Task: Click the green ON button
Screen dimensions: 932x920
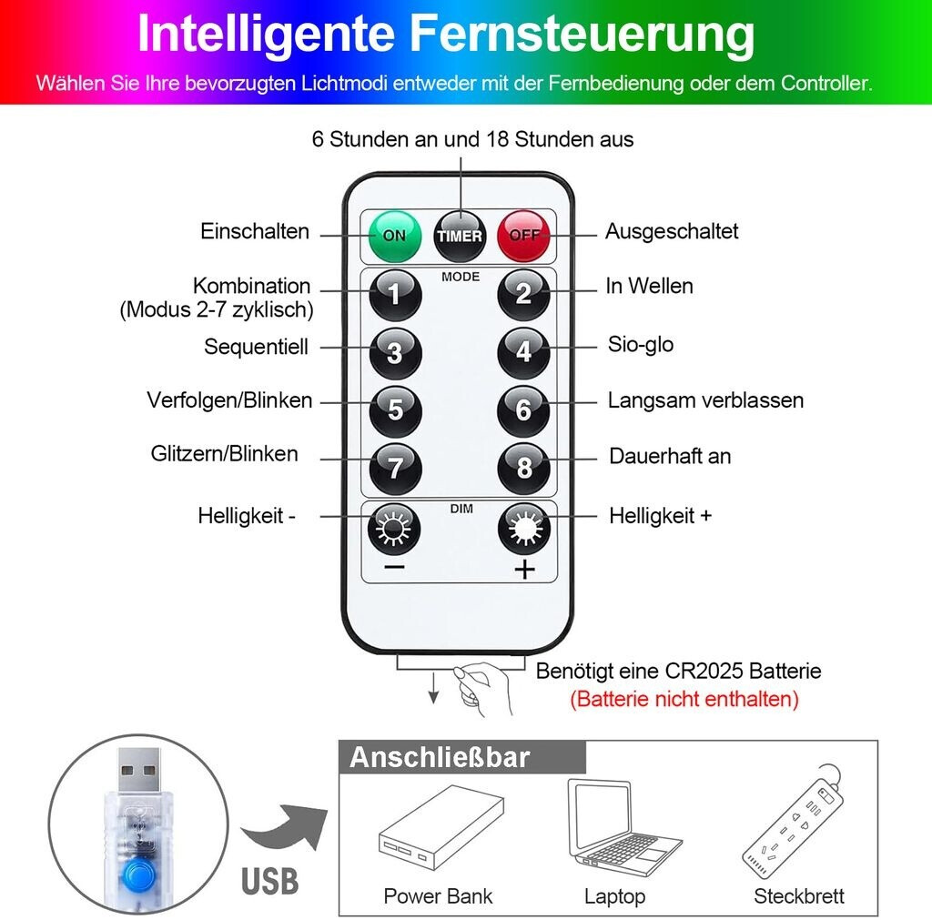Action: point(395,236)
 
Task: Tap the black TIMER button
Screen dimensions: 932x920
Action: point(460,236)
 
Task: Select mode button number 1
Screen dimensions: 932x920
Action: point(395,294)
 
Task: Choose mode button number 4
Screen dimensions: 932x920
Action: point(523,351)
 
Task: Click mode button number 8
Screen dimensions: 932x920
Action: point(523,467)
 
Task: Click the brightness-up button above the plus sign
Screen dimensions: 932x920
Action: point(523,529)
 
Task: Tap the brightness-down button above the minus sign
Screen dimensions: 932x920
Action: point(395,529)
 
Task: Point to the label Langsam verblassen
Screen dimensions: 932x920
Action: point(705,400)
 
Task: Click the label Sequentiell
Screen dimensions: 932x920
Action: point(256,347)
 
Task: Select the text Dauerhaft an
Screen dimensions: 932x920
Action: point(670,456)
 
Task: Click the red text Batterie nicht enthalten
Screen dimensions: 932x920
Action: point(684,699)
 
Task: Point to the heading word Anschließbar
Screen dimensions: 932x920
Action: point(439,757)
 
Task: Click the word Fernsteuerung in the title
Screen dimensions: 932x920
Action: point(582,34)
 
